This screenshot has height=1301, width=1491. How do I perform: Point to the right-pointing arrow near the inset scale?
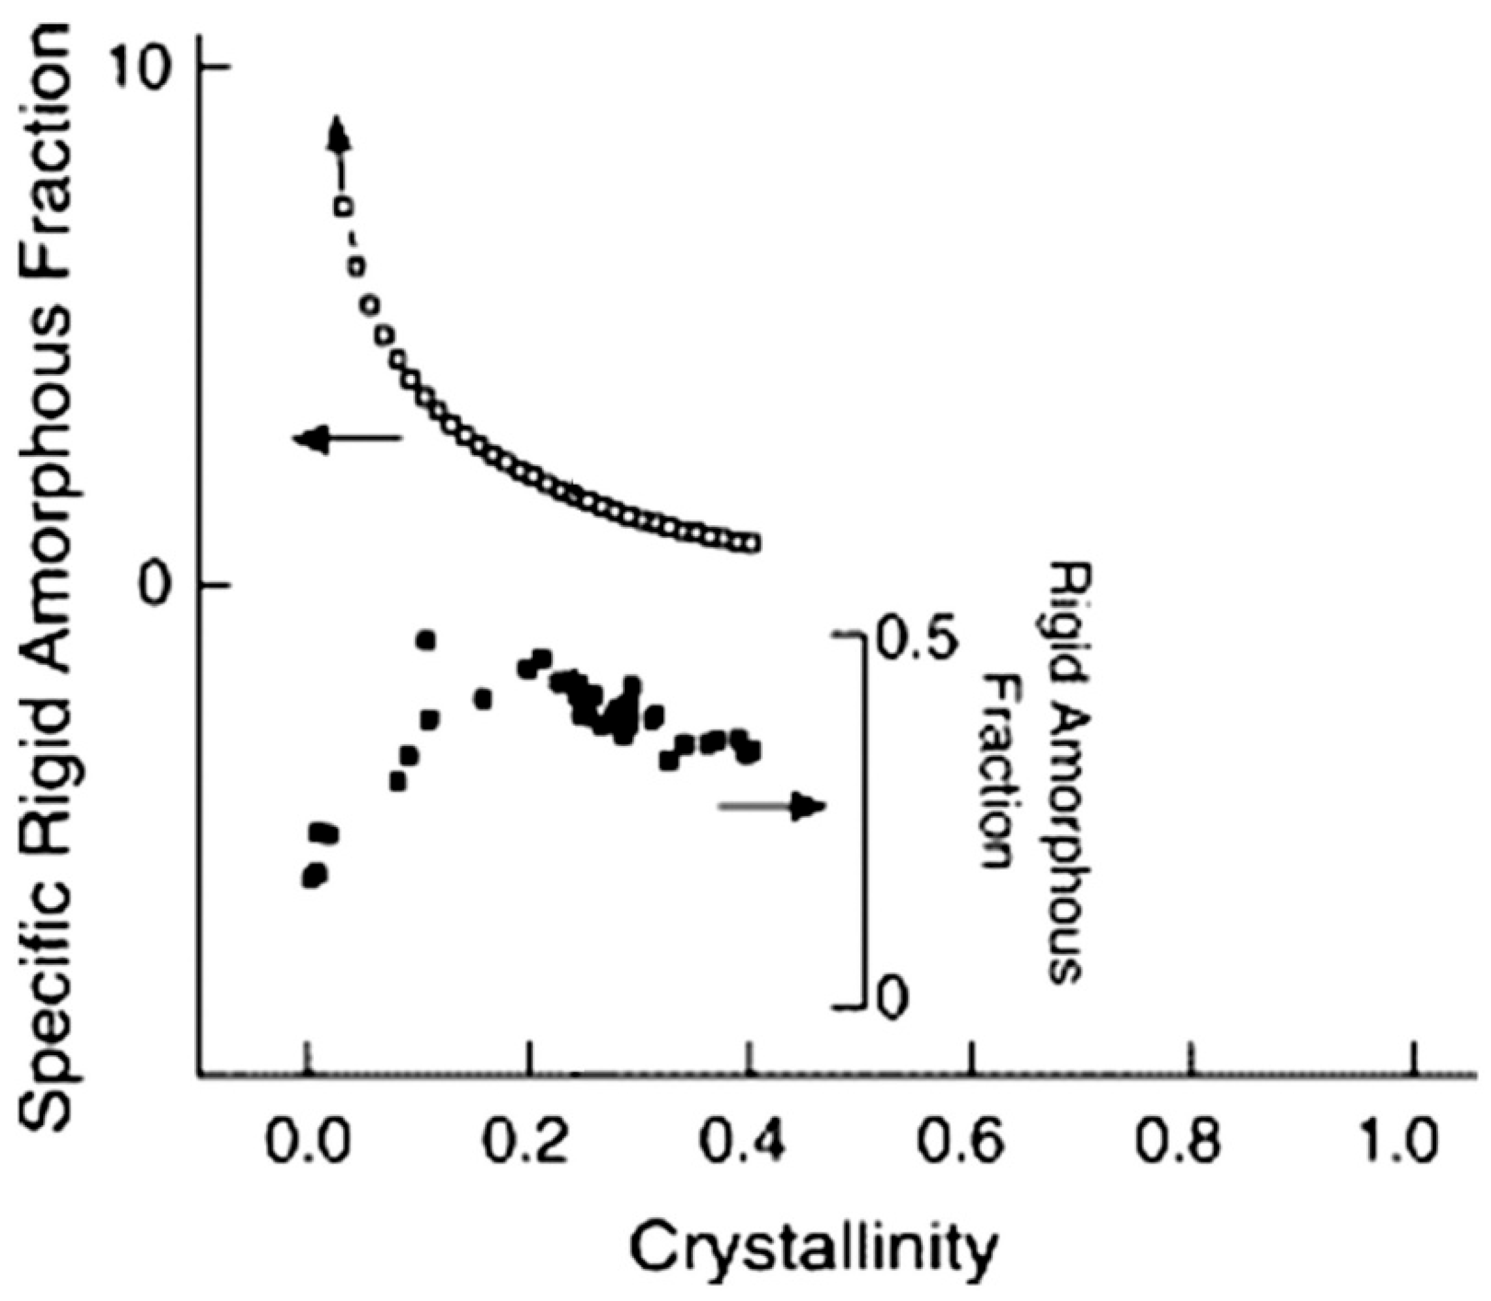click(x=774, y=806)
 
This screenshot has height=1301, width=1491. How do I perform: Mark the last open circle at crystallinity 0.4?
click(x=753, y=543)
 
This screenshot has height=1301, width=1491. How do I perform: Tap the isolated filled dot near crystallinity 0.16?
click(x=482, y=699)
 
